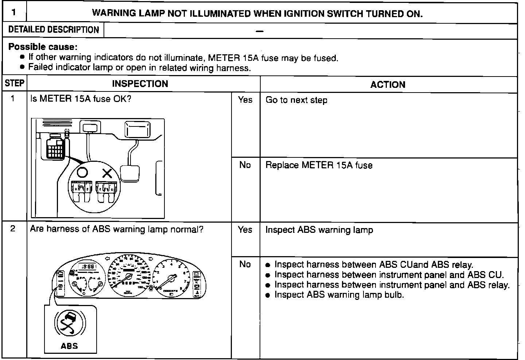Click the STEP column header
pyautogui.click(x=15, y=83)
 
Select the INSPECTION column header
pyautogui.click(x=140, y=84)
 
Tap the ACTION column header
pyautogui.click(x=388, y=85)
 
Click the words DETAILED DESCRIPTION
pyautogui.click(x=54, y=30)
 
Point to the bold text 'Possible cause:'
pyautogui.click(x=43, y=47)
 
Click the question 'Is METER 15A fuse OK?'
pyautogui.click(x=81, y=99)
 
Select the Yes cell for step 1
pyautogui.click(x=245, y=100)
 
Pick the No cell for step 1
pyautogui.click(x=245, y=165)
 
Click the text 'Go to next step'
pyautogui.click(x=296, y=100)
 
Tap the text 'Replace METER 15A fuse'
pyautogui.click(x=319, y=165)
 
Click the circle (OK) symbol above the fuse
pyautogui.click(x=82, y=172)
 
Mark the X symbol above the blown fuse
pyautogui.click(x=107, y=173)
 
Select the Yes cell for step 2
pyautogui.click(x=245, y=230)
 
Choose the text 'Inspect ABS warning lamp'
pyautogui.click(x=319, y=230)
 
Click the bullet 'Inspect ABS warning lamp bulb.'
pyautogui.click(x=339, y=295)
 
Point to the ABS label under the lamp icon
pyautogui.click(x=69, y=346)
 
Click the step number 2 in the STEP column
pyautogui.click(x=13, y=229)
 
